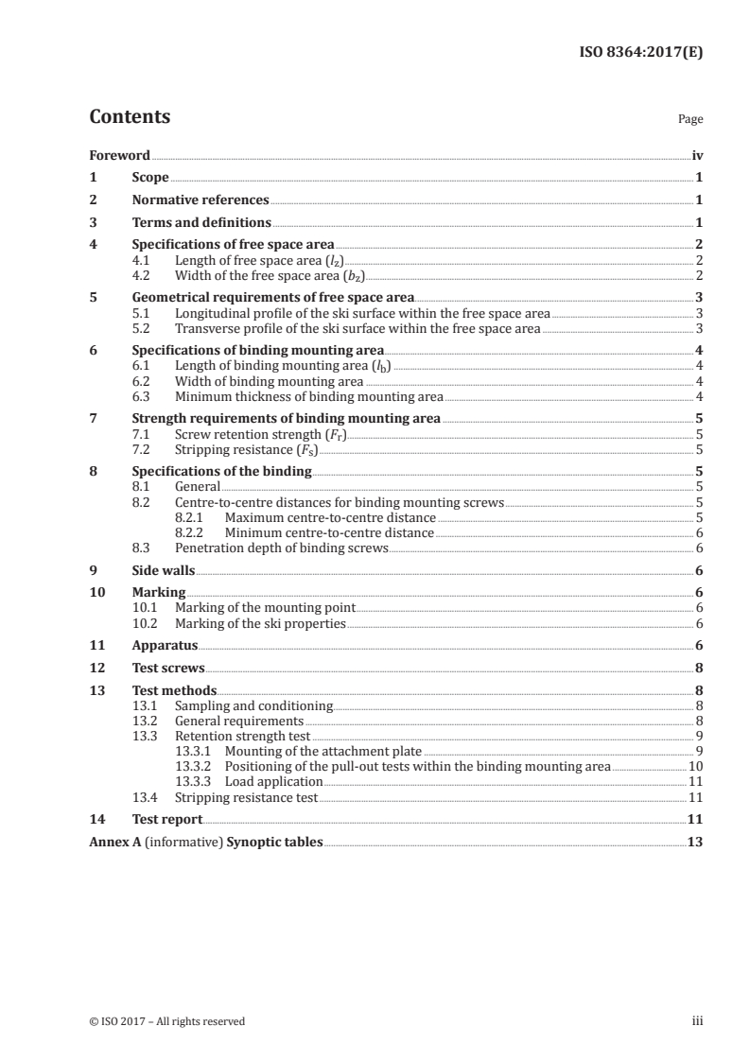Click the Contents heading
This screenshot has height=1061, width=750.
(130, 117)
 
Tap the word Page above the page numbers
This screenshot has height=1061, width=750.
(690, 120)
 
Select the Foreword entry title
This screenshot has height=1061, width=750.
(119, 155)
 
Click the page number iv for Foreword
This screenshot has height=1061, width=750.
(696, 155)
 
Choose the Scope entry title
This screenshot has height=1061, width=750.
(150, 178)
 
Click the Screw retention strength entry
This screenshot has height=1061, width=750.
(261, 434)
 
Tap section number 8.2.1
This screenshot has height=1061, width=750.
(193, 518)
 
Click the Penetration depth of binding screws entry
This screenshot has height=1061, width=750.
(282, 548)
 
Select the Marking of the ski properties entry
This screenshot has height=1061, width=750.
(260, 624)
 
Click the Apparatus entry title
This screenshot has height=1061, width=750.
(165, 647)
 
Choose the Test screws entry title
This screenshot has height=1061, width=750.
(168, 669)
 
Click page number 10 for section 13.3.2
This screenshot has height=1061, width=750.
(695, 767)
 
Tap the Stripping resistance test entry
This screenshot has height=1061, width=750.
(246, 797)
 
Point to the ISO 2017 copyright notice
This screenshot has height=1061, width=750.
(166, 1021)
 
